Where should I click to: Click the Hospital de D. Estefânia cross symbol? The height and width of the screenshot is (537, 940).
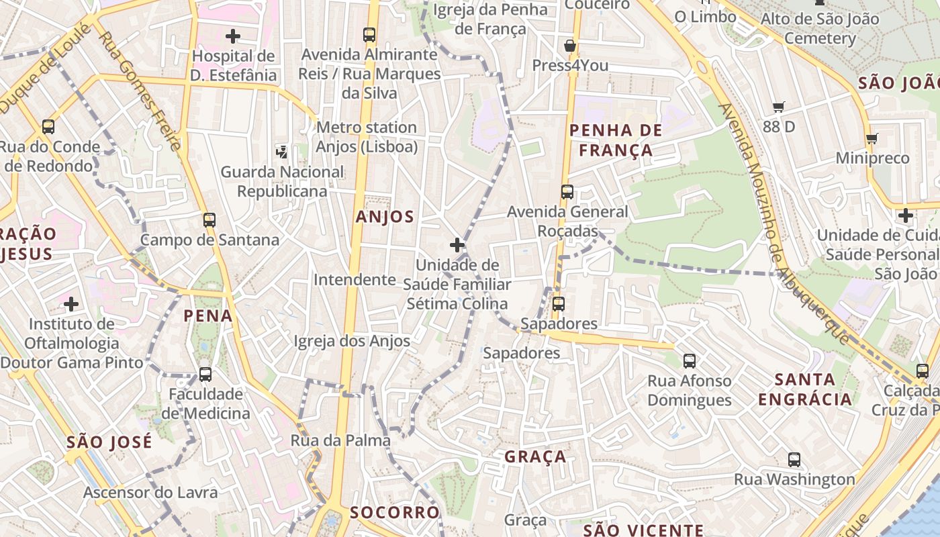click(x=233, y=36)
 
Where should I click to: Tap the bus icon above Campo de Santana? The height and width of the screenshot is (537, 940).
click(x=209, y=219)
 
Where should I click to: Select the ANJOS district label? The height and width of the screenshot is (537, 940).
click(x=385, y=217)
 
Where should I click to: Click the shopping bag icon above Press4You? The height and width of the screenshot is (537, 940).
click(x=570, y=46)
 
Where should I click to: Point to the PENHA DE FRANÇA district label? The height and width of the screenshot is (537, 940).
click(x=616, y=140)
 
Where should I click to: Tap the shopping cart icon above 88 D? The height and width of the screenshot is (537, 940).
click(x=779, y=107)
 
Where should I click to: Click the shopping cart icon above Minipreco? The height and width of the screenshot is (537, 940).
click(x=872, y=138)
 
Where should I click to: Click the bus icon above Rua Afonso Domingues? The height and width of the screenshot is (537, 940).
click(x=690, y=361)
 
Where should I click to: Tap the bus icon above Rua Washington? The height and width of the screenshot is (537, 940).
click(x=794, y=460)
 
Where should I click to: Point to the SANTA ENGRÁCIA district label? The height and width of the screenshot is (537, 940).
click(x=805, y=389)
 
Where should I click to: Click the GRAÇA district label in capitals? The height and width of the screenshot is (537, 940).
click(x=535, y=457)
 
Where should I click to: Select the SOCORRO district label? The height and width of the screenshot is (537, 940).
click(x=395, y=513)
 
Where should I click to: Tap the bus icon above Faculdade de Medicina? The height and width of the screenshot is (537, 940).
click(x=205, y=375)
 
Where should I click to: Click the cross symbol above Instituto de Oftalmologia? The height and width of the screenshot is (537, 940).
click(x=71, y=304)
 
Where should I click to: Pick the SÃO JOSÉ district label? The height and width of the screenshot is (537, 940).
click(x=109, y=442)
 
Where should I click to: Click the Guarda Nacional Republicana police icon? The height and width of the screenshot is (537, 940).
click(x=282, y=152)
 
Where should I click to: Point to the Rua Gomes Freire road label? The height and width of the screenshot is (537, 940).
click(x=140, y=91)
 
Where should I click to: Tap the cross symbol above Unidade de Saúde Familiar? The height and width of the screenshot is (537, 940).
click(x=457, y=245)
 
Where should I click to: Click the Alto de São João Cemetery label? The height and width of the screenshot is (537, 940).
click(x=819, y=28)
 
